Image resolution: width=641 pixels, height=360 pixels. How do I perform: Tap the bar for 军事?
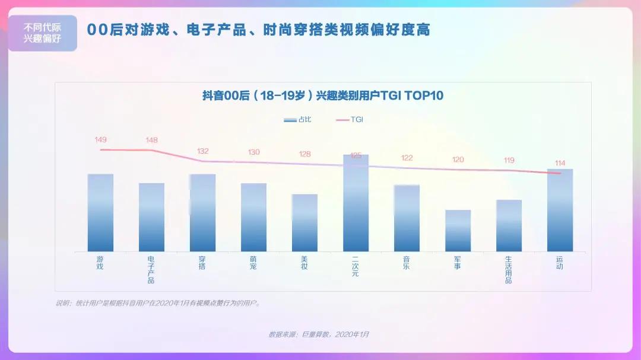click(458, 231)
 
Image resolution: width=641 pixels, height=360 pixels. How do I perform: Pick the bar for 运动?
click(560, 210)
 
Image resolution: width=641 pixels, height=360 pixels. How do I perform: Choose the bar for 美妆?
click(304, 222)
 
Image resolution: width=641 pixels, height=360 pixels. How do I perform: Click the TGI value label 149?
click(100, 140)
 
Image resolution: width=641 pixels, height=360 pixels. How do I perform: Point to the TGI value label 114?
click(560, 163)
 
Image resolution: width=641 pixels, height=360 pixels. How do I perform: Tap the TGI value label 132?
click(202, 151)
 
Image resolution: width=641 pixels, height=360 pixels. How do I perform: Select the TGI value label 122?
click(407, 158)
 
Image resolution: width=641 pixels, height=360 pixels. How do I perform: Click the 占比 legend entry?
click(297, 119)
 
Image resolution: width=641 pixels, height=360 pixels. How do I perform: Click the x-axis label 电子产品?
click(151, 270)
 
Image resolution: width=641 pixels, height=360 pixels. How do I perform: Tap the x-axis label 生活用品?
click(509, 270)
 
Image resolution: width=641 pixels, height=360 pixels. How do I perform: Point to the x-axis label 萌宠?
click(253, 263)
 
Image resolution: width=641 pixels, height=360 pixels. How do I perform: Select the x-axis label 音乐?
click(407, 263)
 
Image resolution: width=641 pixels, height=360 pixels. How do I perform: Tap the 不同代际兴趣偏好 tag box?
click(42, 33)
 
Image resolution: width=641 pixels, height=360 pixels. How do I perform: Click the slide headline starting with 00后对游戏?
click(258, 30)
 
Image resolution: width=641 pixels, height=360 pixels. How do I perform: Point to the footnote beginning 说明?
click(158, 303)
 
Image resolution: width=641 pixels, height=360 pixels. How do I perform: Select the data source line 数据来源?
click(319, 334)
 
